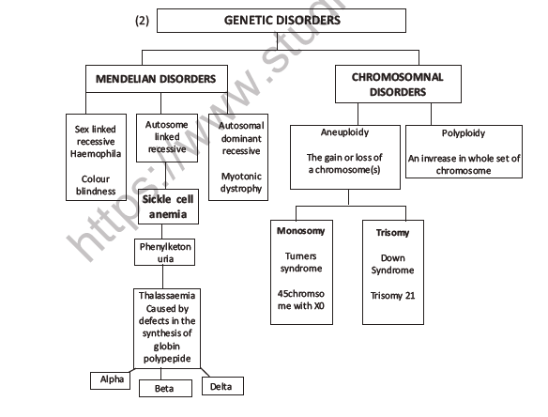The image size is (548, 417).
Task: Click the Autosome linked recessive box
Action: click(x=167, y=137)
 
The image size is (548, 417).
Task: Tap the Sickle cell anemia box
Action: click(x=170, y=206)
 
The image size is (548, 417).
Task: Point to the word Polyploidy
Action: click(x=464, y=133)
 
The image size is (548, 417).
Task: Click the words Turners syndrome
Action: click(x=300, y=263)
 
